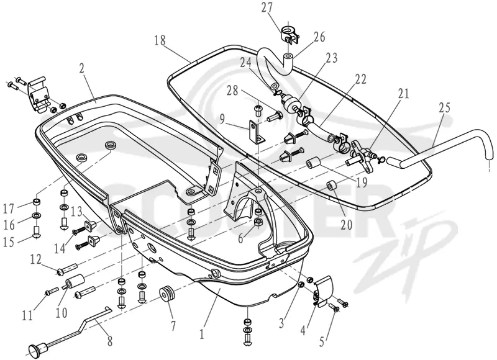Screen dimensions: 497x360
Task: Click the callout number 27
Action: (267, 8)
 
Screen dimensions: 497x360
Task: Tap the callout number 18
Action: (160, 41)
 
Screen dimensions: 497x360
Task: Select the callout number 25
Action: (444, 107)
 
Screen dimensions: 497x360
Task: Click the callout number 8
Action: (109, 341)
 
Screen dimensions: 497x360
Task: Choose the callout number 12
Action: (35, 259)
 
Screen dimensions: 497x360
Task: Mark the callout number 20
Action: (347, 225)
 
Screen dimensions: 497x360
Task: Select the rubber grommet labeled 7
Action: (167, 294)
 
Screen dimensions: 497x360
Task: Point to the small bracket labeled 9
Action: (255, 132)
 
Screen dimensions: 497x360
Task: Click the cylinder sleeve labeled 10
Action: (75, 281)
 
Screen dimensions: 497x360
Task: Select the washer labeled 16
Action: (37, 216)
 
